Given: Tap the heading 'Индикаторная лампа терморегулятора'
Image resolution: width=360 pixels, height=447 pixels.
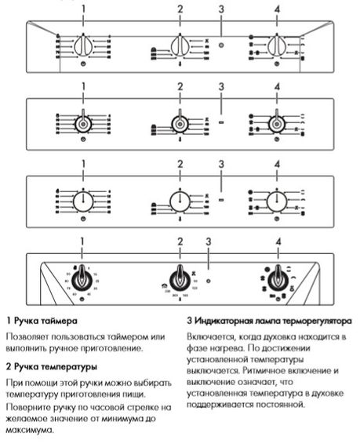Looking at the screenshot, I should [269, 321].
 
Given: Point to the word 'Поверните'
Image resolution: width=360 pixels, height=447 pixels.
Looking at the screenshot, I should [29, 408].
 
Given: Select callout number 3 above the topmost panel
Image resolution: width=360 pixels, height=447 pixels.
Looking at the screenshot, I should [221, 9].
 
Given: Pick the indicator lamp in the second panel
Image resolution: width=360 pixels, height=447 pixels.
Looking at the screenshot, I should [221, 123].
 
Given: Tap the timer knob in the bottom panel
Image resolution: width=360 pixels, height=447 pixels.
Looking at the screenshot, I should [82, 280].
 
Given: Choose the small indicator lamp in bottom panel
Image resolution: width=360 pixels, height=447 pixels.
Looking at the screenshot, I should [209, 280].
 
